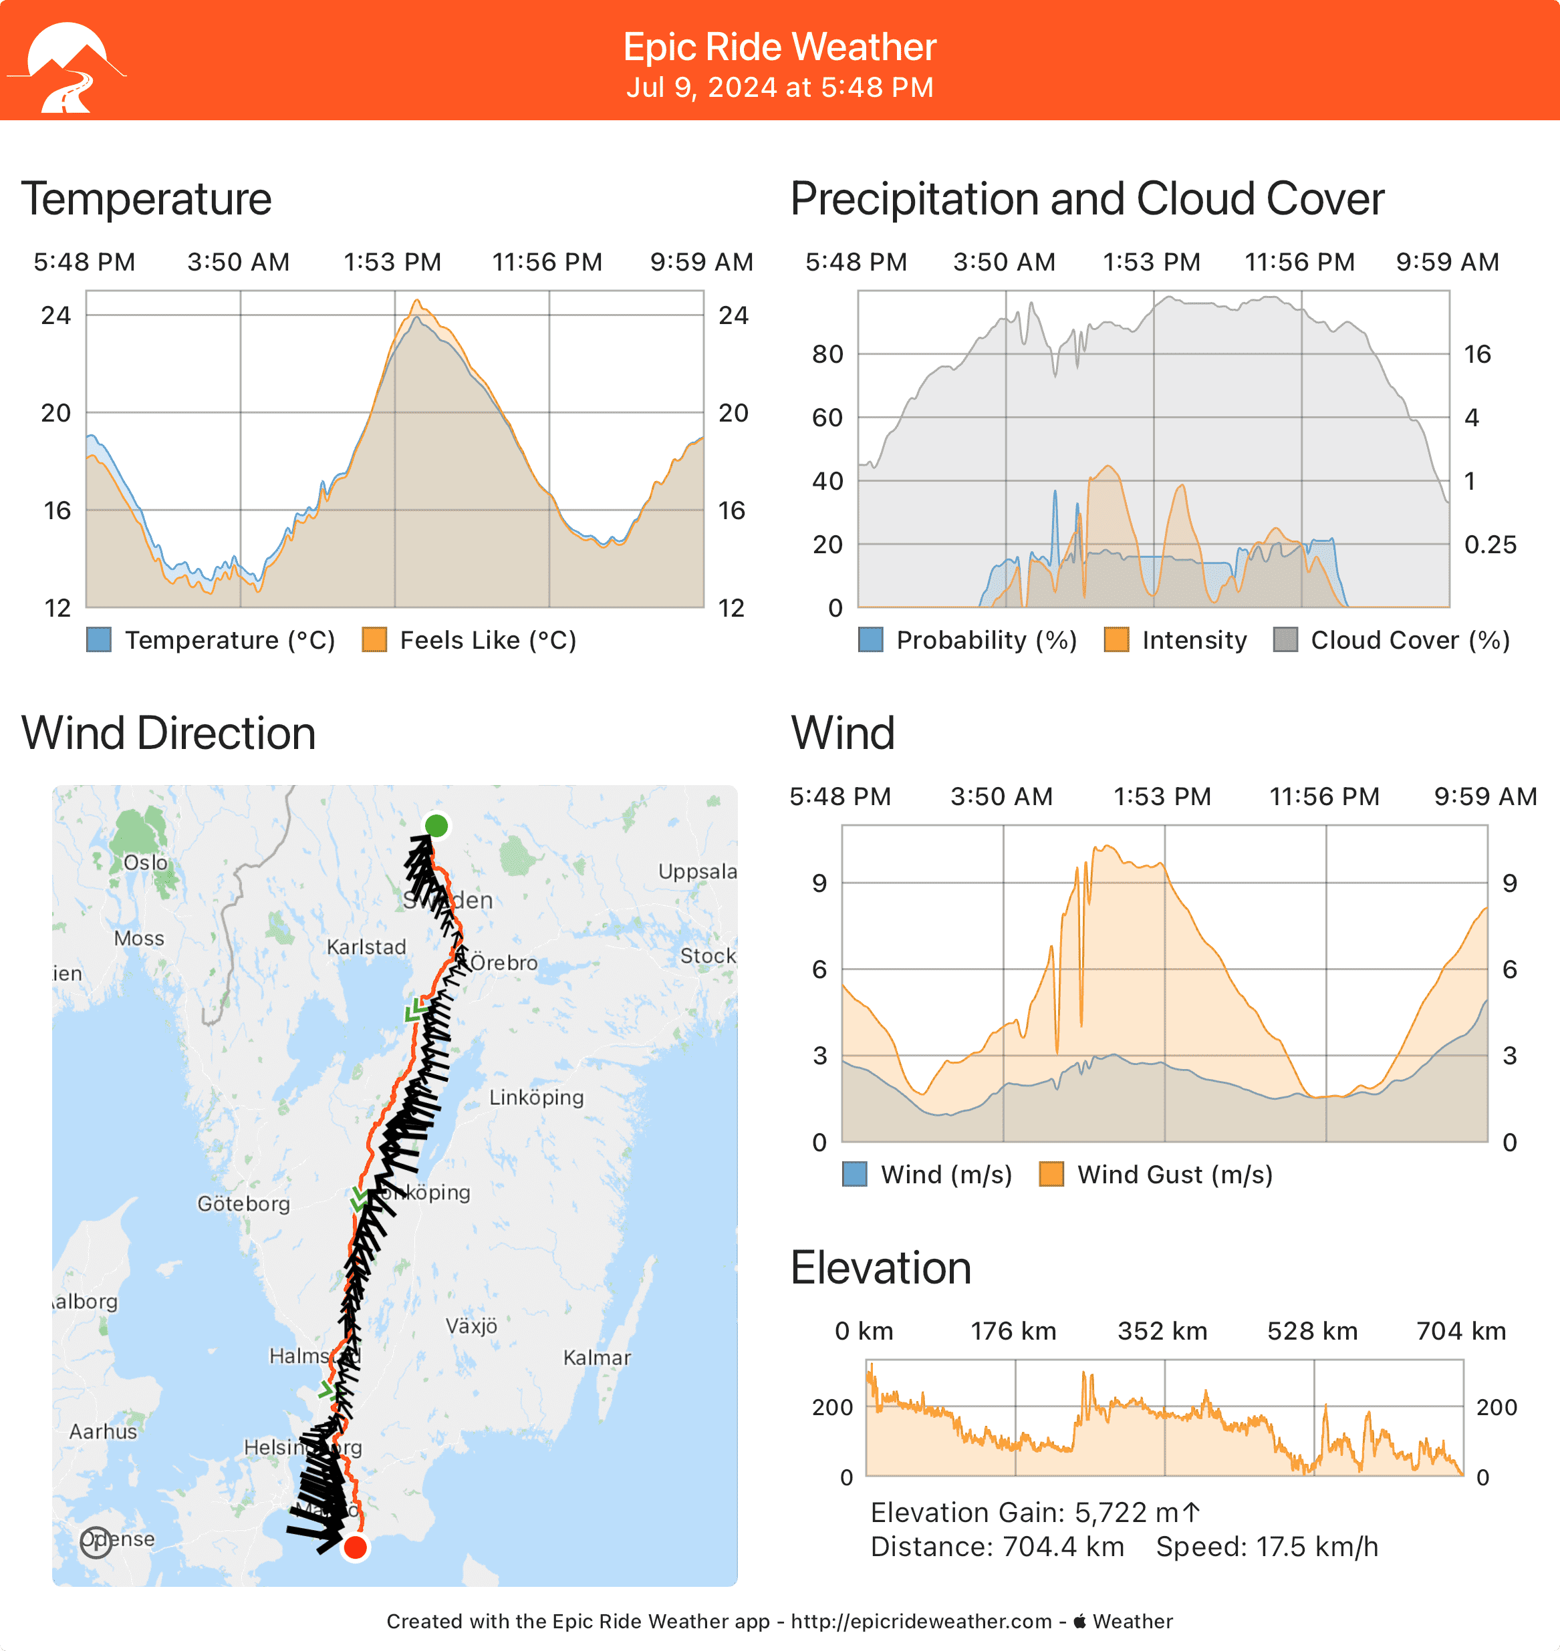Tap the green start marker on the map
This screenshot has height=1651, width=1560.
[x=436, y=826]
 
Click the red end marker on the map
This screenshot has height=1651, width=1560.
[x=355, y=1547]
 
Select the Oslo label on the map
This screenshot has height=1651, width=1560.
[x=146, y=862]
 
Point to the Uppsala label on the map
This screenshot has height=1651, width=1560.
[x=697, y=871]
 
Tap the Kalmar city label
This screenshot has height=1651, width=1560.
[x=596, y=1358]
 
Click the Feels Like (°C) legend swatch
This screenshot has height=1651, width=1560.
[x=374, y=640]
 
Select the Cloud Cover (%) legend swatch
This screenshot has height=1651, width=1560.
[x=1285, y=640]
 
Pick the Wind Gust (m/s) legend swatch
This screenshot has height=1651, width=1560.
[x=1052, y=1175]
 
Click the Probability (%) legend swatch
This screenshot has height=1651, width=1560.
[x=871, y=640]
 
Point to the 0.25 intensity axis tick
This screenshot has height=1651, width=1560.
[x=1490, y=545]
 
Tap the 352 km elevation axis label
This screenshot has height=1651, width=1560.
[x=1162, y=1331]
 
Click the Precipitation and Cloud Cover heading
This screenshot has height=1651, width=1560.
[x=1087, y=200]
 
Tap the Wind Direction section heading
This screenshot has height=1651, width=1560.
[x=169, y=733]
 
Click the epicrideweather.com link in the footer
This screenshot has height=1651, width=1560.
[x=922, y=1621]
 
